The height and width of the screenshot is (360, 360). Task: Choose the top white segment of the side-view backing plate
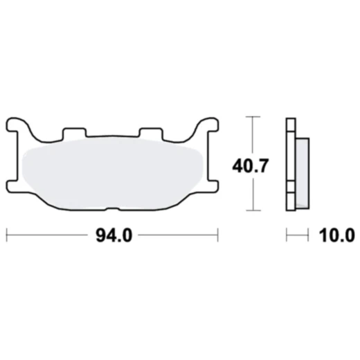[x=290, y=128]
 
